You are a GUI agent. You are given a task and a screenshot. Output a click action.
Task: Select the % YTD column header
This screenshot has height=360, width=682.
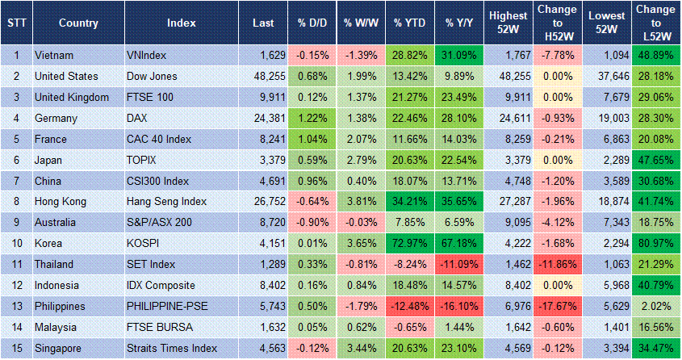click(409, 23)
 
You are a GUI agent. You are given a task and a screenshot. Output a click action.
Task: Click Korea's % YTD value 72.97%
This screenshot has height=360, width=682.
click(409, 244)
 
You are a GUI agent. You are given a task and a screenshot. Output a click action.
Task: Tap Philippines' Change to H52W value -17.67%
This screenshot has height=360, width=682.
click(557, 307)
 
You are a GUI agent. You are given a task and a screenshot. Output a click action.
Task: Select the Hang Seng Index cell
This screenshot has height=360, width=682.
click(166, 202)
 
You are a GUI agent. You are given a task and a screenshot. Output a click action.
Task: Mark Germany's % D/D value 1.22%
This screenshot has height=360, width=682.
click(310, 118)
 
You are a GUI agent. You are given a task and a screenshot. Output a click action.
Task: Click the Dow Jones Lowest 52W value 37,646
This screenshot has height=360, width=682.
click(605, 77)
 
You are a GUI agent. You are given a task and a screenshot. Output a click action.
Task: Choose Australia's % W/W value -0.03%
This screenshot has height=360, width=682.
click(359, 223)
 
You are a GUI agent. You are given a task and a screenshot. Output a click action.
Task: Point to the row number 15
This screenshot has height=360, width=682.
click(15, 349)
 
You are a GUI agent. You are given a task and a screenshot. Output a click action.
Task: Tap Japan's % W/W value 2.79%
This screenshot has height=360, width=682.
click(359, 160)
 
